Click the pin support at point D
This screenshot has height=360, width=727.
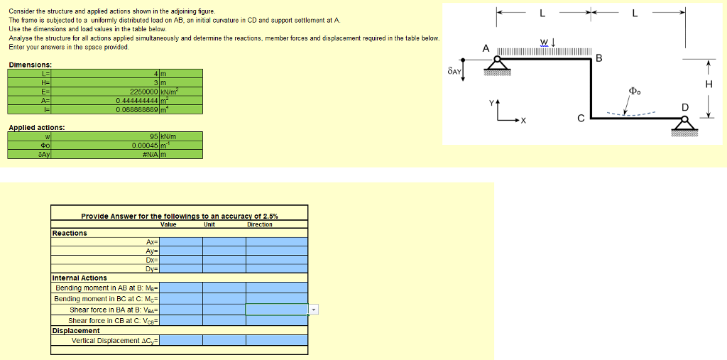pyautogui.click(x=685, y=126)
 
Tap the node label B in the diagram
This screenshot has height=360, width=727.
pyautogui.click(x=598, y=58)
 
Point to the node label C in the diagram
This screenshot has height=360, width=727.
pyautogui.click(x=581, y=119)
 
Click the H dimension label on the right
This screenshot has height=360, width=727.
pyautogui.click(x=708, y=84)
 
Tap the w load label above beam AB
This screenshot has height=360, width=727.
pyautogui.click(x=545, y=41)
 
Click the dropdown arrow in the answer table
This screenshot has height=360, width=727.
pyautogui.click(x=315, y=310)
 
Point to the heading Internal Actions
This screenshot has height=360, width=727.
pyautogui.click(x=80, y=278)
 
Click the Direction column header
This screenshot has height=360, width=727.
pyautogui.click(x=260, y=224)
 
